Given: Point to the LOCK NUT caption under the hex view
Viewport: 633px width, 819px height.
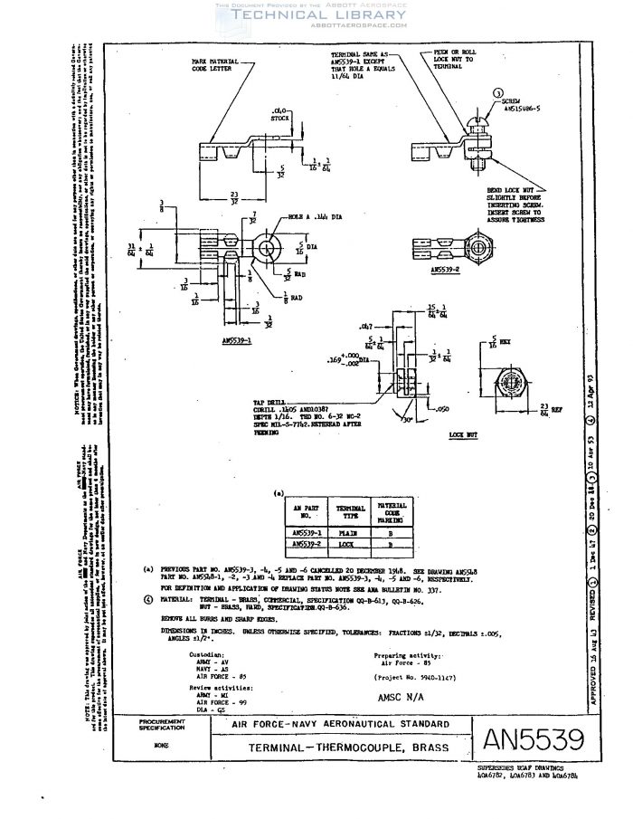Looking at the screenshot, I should click(x=462, y=435).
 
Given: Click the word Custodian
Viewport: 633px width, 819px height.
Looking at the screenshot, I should click(x=179, y=652).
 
